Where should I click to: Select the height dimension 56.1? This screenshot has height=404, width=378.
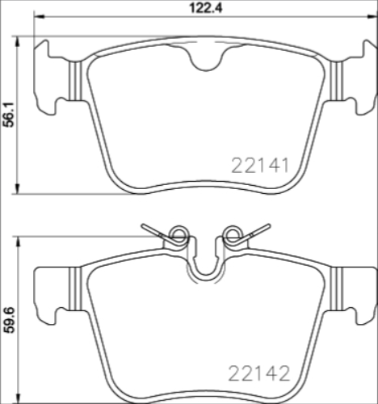(x=9, y=115)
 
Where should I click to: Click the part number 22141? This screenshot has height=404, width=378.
(x=260, y=165)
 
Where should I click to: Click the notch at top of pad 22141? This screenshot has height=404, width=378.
(x=204, y=58)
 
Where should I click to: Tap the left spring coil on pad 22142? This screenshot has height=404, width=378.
(x=179, y=236)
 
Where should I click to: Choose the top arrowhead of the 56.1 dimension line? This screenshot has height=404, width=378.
(x=19, y=38)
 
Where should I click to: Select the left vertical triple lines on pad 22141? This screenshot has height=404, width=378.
(x=73, y=81)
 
